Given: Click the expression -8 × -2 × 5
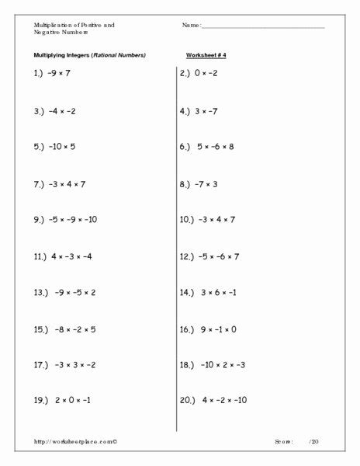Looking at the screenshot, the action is tap(74, 329).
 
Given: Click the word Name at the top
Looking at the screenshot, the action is tap(191, 26).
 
